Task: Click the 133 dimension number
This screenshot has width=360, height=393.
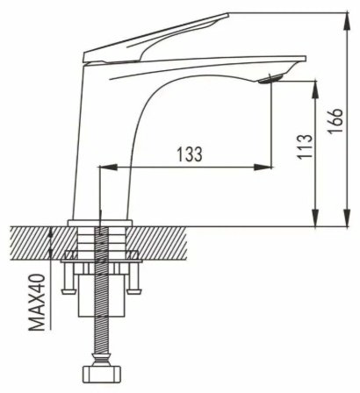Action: [190, 154]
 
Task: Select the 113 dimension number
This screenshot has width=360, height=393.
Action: [305, 146]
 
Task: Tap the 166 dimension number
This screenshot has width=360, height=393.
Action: [335, 121]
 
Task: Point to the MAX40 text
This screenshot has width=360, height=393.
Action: [37, 303]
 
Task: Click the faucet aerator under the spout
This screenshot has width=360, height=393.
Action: [270, 79]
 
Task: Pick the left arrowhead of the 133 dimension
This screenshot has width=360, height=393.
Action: [108, 168]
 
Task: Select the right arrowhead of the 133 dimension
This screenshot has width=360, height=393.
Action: [263, 168]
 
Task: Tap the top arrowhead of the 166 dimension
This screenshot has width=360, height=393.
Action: [348, 21]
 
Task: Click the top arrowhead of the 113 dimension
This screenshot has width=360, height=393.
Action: [315, 89]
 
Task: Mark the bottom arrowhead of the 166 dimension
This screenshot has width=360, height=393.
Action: [348, 218]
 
